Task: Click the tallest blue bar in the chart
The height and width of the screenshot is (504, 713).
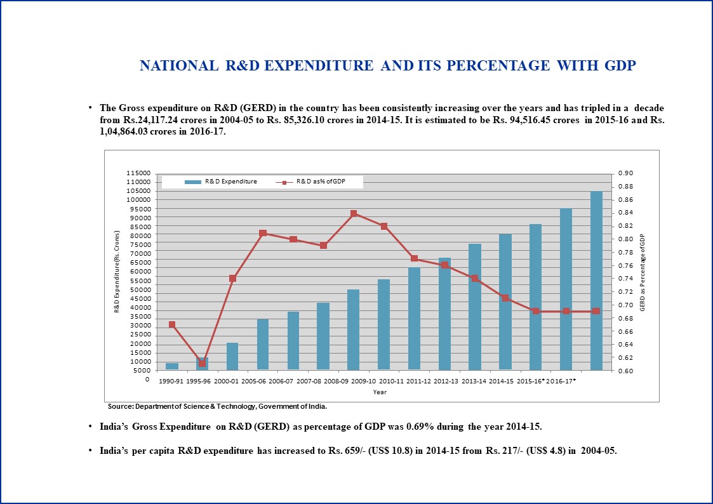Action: coord(596,281)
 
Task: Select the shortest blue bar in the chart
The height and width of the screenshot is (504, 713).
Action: coord(172,366)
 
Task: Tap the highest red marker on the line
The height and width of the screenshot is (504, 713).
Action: coord(354,214)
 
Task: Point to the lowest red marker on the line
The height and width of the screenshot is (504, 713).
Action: coord(203,364)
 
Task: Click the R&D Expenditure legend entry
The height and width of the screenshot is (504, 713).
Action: coord(221,182)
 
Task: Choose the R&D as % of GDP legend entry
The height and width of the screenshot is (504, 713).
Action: coord(310,182)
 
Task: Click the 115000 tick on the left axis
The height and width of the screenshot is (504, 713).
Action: coord(138,173)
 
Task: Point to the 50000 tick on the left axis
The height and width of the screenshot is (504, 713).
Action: coord(140,290)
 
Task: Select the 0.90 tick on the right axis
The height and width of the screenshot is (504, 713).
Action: coord(625,173)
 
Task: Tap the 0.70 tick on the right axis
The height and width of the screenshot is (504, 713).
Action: coord(625,305)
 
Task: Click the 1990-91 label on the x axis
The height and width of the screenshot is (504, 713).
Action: coord(171,381)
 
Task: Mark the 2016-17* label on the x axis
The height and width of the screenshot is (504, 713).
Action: coord(561,381)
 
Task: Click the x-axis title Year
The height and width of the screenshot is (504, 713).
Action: coord(380,392)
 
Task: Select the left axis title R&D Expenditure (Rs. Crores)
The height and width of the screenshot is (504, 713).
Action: coord(117,272)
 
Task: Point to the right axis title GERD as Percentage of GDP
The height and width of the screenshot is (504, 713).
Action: coord(643,273)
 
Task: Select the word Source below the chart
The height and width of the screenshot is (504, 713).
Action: coord(120,406)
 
